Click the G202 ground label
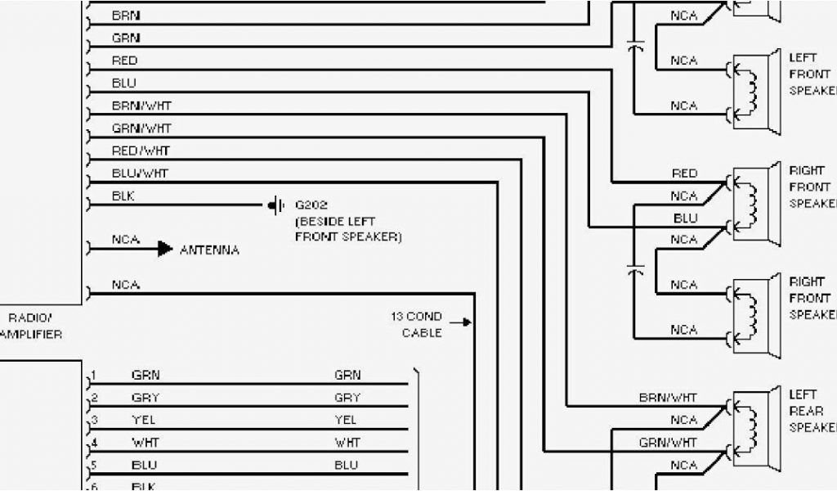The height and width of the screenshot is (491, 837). coord(311,205)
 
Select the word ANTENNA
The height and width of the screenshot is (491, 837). coord(209,250)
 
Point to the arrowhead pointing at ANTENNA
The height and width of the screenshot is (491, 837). coord(164,248)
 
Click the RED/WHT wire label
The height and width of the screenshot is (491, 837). coord(141,151)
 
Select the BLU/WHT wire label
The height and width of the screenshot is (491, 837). coord(140,173)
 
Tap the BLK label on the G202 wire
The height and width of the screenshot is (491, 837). coord(123,196)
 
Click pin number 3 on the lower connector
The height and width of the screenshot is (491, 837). coord(94,420)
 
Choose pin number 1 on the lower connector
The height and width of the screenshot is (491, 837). coord(94,376)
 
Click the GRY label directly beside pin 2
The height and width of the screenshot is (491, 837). coord(145,398)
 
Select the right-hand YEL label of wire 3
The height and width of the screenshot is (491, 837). coord(346,420)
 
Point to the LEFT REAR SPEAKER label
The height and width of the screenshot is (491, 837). coord(809,411)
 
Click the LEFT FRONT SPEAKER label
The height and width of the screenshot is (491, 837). coord(809,74)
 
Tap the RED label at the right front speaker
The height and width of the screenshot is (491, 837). coord(684,173)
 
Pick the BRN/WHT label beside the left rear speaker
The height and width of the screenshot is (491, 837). coord(668,398)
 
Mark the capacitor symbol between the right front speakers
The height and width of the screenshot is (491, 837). coord(635,268)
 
